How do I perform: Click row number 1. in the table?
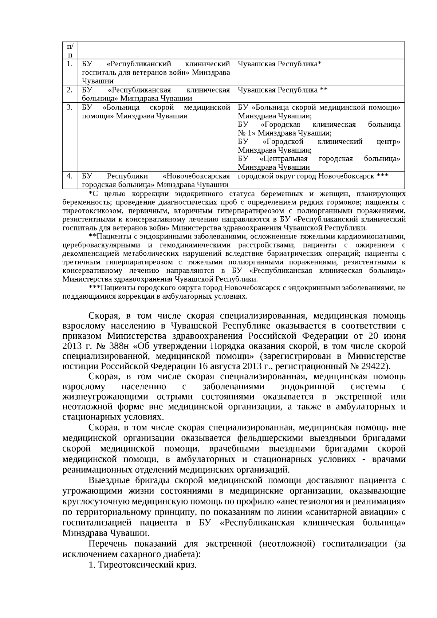(x=70, y=64)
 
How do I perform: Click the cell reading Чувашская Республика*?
(x=280, y=64)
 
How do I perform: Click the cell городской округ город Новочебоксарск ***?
(x=313, y=176)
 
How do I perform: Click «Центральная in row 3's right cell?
(x=284, y=159)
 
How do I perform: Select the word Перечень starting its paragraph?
(x=108, y=544)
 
